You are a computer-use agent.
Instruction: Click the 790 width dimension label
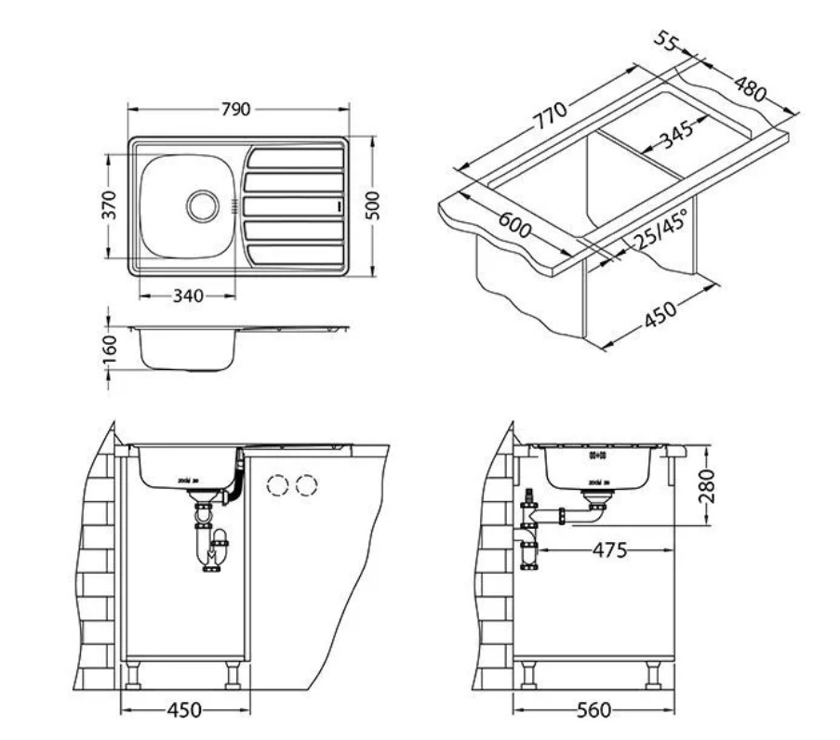click(236, 110)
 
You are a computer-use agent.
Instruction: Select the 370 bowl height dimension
click(108, 204)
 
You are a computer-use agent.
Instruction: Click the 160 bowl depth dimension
click(110, 346)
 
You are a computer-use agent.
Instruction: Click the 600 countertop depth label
click(513, 224)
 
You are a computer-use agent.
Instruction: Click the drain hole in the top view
click(202, 205)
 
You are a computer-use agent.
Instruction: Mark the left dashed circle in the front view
click(276, 484)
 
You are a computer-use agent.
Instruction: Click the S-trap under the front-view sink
click(209, 545)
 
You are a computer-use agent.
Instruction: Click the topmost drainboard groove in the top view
click(295, 158)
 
